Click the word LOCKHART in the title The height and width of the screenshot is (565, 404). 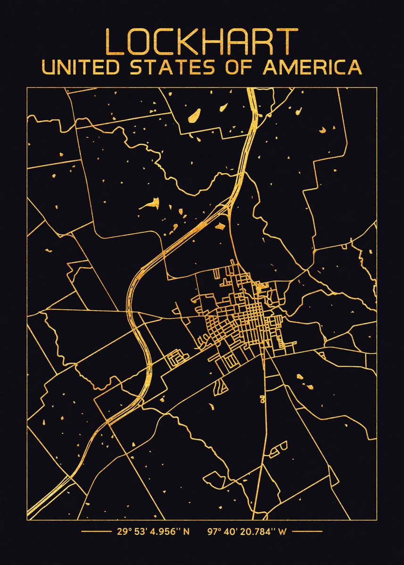(202, 42)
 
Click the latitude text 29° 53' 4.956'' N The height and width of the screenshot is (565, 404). (153, 532)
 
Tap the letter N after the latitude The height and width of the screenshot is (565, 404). (186, 532)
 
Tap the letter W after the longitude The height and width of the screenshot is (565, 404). (282, 532)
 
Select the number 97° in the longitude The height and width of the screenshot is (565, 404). (214, 532)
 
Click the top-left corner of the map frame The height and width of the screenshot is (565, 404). (27, 88)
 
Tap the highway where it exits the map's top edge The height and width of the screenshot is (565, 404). (252, 89)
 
